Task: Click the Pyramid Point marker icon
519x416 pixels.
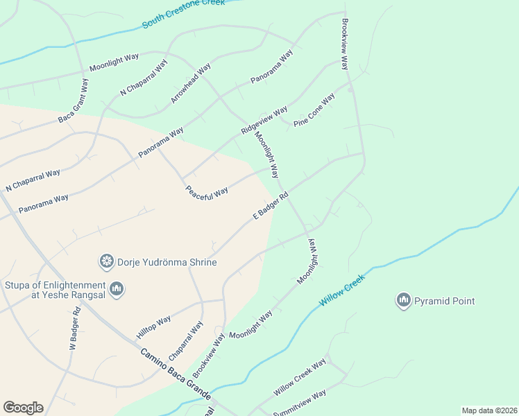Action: pyautogui.click(x=403, y=300)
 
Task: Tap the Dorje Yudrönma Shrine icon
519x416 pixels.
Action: pyautogui.click(x=107, y=261)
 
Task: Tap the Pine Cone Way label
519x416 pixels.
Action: pyautogui.click(x=314, y=110)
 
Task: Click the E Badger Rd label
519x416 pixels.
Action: pyautogui.click(x=270, y=207)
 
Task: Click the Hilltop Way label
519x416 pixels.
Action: pyautogui.click(x=153, y=327)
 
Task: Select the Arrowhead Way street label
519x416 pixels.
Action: pyautogui.click(x=191, y=84)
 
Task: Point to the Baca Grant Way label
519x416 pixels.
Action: pyautogui.click(x=74, y=101)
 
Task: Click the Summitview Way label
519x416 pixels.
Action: pyautogui.click(x=299, y=403)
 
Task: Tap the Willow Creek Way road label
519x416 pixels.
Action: pyautogui.click(x=299, y=378)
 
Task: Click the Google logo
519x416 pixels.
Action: pyautogui.click(x=23, y=408)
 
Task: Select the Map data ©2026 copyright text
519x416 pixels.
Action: pyautogui.click(x=489, y=410)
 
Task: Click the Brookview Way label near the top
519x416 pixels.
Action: pyautogui.click(x=343, y=44)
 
